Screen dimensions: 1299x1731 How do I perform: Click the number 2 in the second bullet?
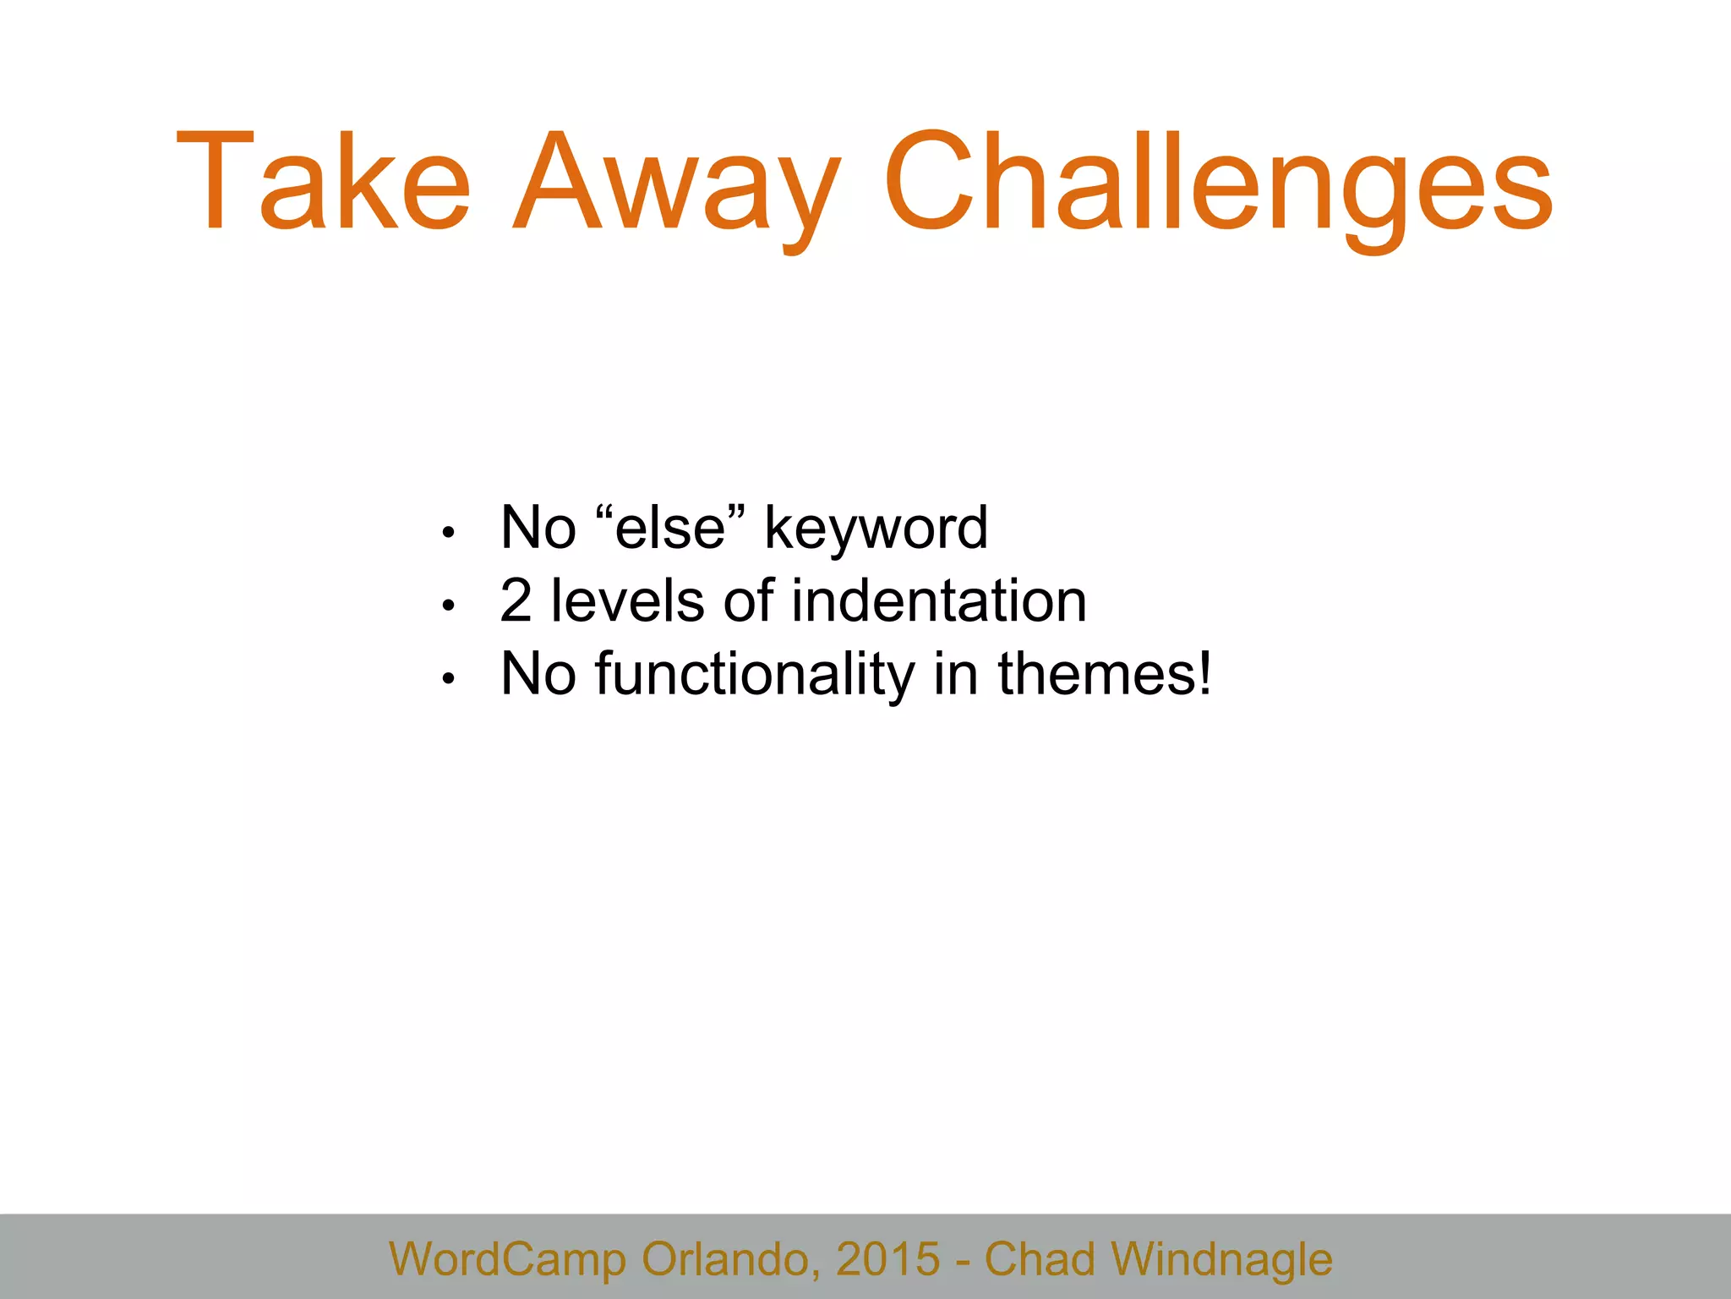point(516,601)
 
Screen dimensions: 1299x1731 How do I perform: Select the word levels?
point(627,601)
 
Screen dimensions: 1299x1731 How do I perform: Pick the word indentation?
point(939,601)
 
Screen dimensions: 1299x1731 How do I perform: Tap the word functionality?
point(755,676)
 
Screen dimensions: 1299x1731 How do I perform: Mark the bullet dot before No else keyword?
point(449,533)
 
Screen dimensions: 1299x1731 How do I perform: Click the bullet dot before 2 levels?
point(449,606)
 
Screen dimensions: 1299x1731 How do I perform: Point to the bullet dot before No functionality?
point(449,678)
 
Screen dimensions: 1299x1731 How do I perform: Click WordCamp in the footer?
point(507,1259)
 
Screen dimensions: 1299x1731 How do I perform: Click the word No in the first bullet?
point(538,528)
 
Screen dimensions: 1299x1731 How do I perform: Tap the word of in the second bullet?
point(749,601)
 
